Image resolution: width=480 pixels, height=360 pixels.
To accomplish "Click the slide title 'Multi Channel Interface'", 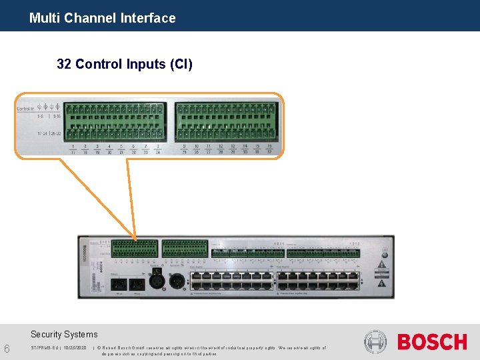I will pyautogui.click(x=102, y=18).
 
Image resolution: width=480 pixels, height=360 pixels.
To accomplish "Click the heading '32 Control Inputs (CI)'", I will pyautogui.click(x=125, y=64).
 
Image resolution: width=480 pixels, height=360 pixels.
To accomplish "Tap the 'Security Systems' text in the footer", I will pyautogui.click(x=64, y=335).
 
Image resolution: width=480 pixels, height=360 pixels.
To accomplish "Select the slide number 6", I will pyautogui.click(x=7, y=349).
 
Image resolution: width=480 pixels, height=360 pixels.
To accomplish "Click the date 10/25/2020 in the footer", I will pyautogui.click(x=73, y=347).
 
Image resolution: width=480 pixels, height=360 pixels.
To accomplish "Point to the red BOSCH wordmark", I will pyautogui.click(x=432, y=342).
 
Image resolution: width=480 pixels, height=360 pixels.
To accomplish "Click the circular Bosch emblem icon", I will pyautogui.click(x=375, y=342).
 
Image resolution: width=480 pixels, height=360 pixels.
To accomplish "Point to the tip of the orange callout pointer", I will pyautogui.click(x=136, y=240).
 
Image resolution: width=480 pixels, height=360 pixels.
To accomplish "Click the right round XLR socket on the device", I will pyautogui.click(x=177, y=280).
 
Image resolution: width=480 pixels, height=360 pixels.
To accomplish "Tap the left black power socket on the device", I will pyautogui.click(x=118, y=284).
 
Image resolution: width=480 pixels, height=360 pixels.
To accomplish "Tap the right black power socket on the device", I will pyautogui.click(x=137, y=284).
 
